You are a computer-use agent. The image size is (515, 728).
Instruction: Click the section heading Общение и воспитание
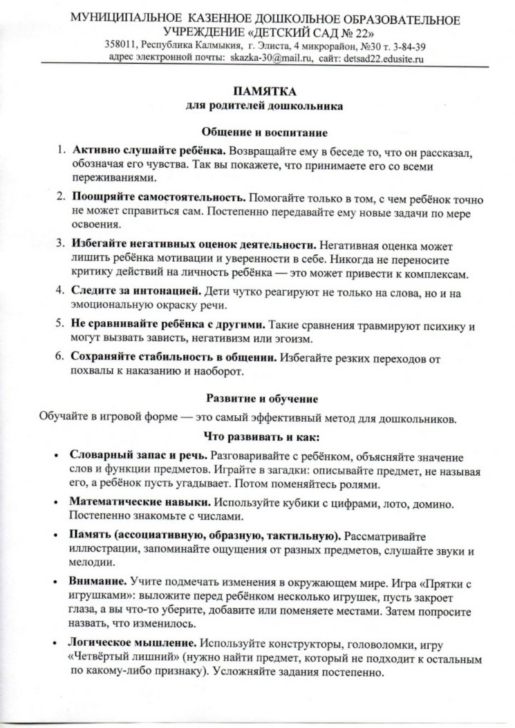pos(265,133)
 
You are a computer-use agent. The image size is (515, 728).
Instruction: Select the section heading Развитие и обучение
pos(265,399)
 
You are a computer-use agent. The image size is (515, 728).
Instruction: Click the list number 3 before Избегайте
pos(58,245)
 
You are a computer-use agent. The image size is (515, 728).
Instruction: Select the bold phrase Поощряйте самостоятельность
pos(158,197)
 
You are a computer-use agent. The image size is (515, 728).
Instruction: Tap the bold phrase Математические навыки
pos(140,501)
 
